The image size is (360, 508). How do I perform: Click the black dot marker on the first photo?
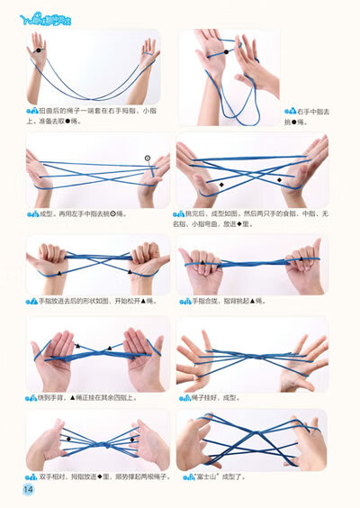38,51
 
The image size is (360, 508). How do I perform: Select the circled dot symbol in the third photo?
147,158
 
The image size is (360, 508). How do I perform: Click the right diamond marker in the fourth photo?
279,180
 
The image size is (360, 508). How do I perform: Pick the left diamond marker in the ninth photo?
68,439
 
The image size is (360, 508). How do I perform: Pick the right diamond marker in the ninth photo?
131,439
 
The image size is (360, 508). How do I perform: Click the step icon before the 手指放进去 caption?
31,301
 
